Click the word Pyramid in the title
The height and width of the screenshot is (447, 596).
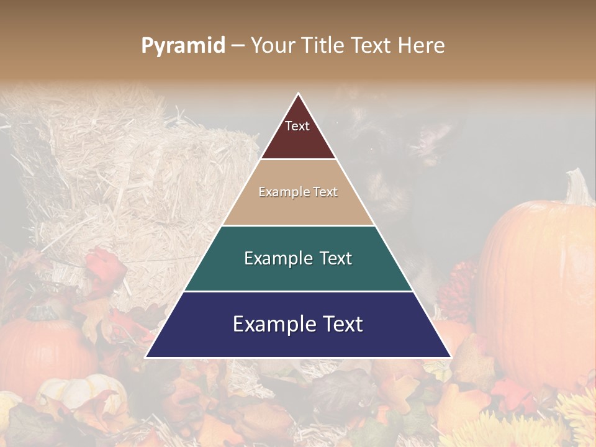(x=183, y=46)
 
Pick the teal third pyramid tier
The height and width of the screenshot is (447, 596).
(x=298, y=258)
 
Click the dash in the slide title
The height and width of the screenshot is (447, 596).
(x=238, y=46)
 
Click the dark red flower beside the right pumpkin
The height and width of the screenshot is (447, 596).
(x=459, y=286)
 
